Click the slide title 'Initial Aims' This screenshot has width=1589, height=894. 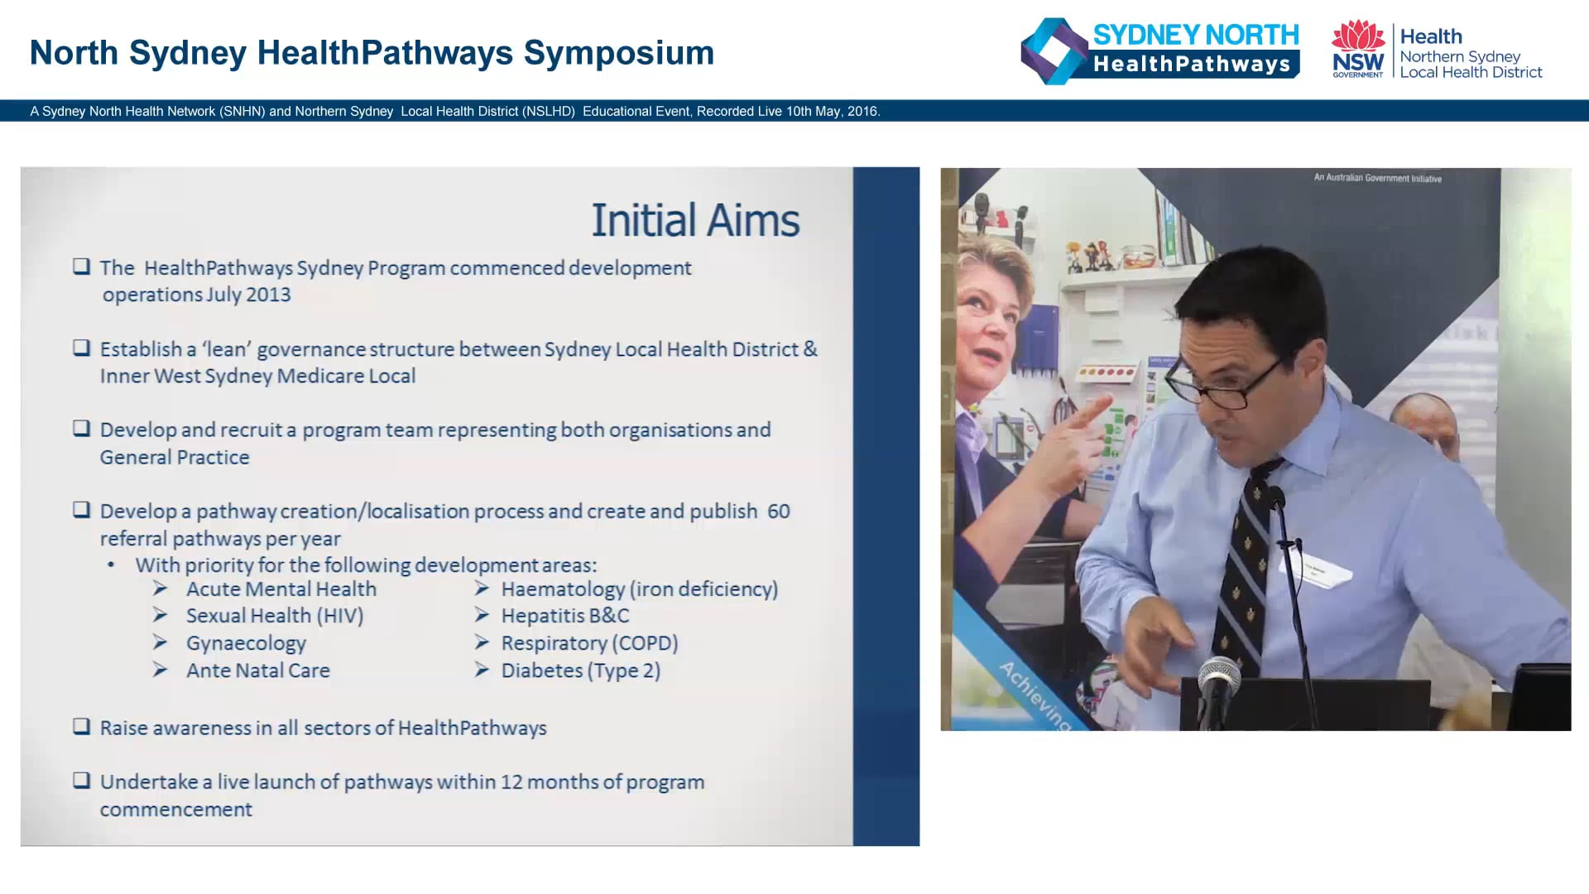pyautogui.click(x=695, y=221)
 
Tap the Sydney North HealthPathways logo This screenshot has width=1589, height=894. pyautogui.click(x=1160, y=51)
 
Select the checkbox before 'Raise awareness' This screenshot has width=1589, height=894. pyautogui.click(x=81, y=727)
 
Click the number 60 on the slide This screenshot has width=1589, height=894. pyautogui.click(x=778, y=512)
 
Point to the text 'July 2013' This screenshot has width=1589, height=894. pyautogui.click(x=246, y=295)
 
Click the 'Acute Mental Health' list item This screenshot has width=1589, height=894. pyautogui.click(x=281, y=589)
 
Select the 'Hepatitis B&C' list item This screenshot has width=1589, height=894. pyautogui.click(x=564, y=616)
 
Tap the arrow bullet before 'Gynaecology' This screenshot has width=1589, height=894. pyautogui.click(x=161, y=643)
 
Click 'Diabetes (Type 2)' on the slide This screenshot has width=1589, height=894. pyautogui.click(x=580, y=670)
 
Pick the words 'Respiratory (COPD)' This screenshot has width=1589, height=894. pyautogui.click(x=589, y=643)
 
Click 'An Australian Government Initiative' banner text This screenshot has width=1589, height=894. pyautogui.click(x=1377, y=178)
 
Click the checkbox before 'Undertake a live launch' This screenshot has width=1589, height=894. pyautogui.click(x=81, y=781)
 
